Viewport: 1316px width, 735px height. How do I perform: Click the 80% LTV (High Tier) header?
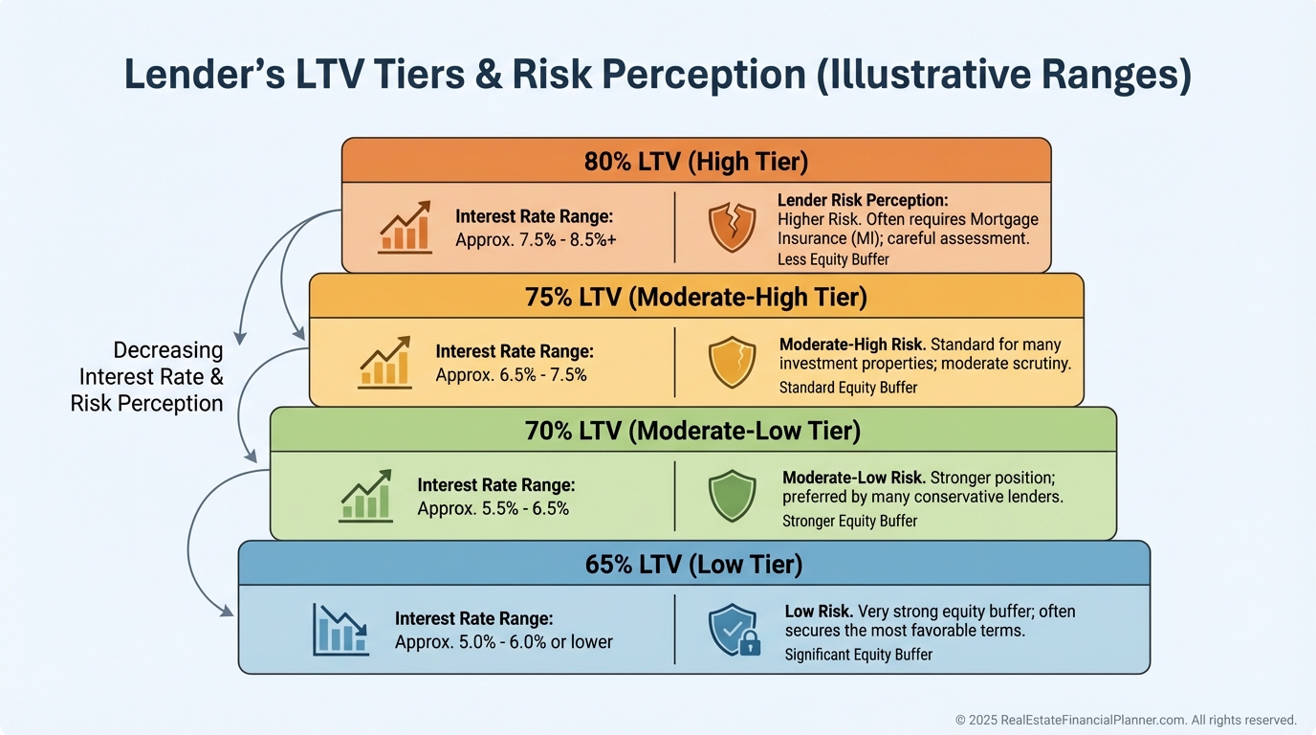(696, 161)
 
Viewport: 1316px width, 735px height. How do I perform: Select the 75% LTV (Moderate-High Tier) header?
(696, 297)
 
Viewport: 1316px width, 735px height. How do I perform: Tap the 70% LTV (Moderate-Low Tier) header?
(692, 431)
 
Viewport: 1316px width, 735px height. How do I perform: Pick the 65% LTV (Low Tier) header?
(693, 564)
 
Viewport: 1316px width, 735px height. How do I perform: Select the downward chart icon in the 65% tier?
(340, 629)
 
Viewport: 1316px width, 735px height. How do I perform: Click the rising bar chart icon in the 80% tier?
(406, 228)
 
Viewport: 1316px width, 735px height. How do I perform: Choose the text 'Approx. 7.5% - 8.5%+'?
(536, 239)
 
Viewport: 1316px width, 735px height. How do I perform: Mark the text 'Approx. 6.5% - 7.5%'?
(511, 374)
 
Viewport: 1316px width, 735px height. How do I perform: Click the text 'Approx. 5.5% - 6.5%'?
(493, 508)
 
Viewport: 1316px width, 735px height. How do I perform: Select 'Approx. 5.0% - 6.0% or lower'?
(503, 641)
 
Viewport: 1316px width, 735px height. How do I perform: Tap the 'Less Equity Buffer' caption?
(833, 259)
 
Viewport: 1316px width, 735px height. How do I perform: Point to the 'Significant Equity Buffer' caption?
(858, 655)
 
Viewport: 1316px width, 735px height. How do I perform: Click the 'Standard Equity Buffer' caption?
(848, 388)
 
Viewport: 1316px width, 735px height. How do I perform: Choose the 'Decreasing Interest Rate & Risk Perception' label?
(147, 377)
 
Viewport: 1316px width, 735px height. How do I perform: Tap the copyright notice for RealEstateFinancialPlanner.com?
(1126, 720)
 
